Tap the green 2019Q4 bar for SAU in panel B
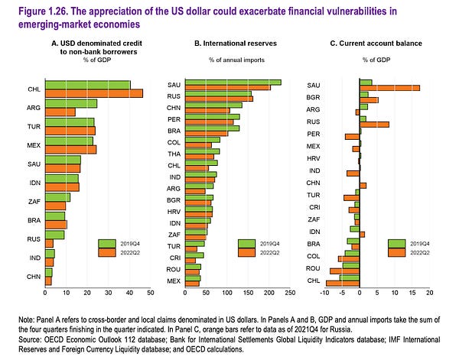(229, 83)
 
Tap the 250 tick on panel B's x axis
(290, 294)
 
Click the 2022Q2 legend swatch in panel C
(396, 254)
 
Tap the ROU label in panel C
(313, 269)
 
